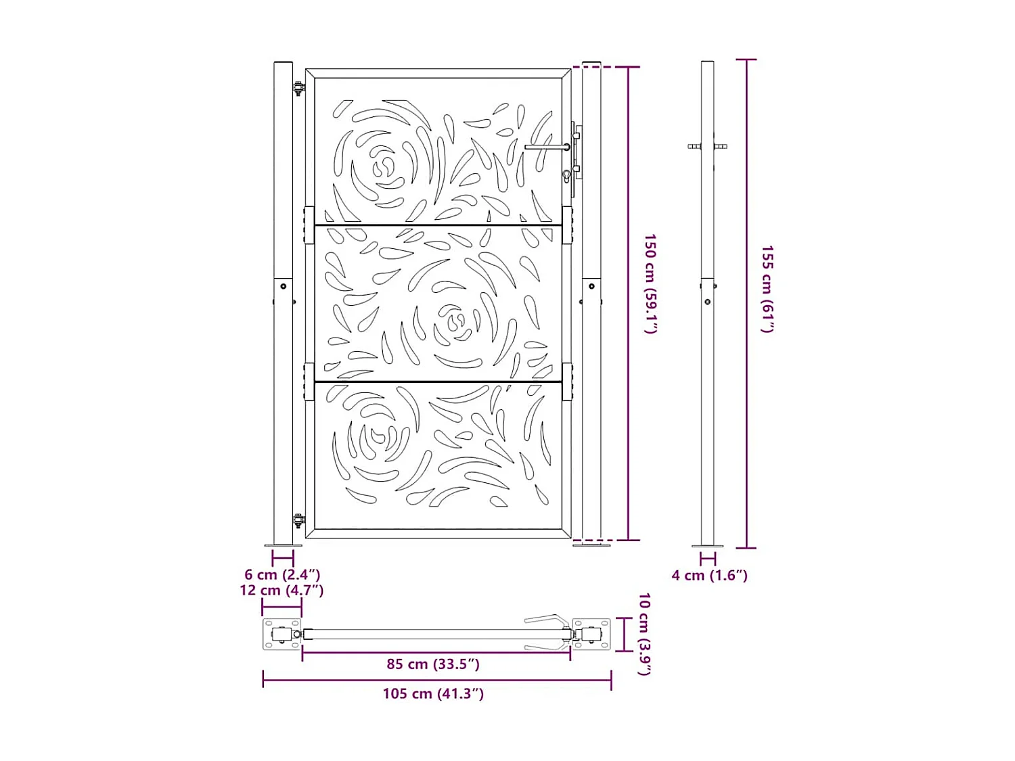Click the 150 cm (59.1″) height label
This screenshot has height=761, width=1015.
(650, 283)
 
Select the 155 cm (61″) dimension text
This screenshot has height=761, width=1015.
(767, 289)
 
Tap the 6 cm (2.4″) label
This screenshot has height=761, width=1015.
(282, 574)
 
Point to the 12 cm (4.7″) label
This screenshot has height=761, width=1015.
(281, 590)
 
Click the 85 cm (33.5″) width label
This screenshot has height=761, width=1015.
(433, 664)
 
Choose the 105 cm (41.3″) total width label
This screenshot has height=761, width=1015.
(433, 693)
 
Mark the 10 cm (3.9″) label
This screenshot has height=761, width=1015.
(644, 634)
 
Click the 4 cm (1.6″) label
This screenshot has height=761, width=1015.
(709, 575)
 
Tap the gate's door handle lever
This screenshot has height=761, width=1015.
(547, 147)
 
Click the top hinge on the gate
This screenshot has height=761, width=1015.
(298, 88)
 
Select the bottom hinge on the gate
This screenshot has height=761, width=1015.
(298, 520)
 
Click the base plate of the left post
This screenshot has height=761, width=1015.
(283, 545)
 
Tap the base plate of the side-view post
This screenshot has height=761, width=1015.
(707, 545)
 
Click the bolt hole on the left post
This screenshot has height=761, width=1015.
(284, 286)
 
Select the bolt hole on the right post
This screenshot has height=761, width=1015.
(591, 286)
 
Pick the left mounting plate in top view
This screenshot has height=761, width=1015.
(281, 635)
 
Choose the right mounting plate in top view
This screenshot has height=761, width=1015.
(591, 635)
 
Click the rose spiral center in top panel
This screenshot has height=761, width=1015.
(383, 166)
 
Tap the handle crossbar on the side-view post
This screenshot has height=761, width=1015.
(707, 146)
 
